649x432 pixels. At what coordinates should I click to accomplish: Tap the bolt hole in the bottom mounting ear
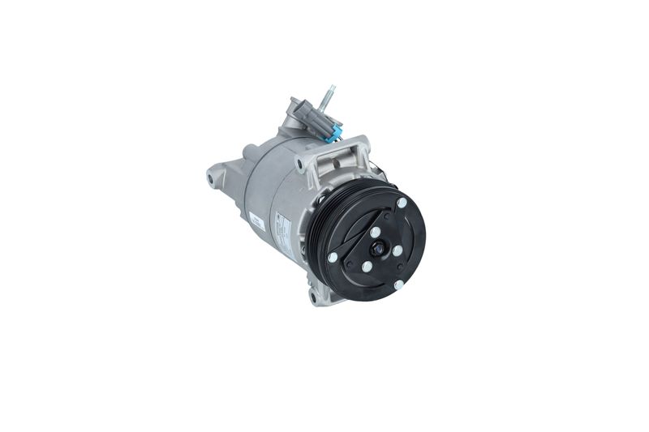pyautogui.click(x=313, y=298)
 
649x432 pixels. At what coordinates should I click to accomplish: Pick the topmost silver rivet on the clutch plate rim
pyautogui.click(x=401, y=203)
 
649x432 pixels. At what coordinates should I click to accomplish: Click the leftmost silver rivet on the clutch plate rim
pyautogui.click(x=333, y=257)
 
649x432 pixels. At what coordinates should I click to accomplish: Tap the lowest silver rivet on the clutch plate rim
pyautogui.click(x=398, y=285)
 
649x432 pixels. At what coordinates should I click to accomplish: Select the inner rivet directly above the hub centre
pyautogui.click(x=375, y=231)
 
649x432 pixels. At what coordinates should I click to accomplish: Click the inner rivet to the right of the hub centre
pyautogui.click(x=397, y=251)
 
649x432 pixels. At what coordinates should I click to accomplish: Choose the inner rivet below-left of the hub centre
pyautogui.click(x=367, y=266)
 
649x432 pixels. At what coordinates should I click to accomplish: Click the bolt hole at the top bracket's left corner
pyautogui.click(x=299, y=165)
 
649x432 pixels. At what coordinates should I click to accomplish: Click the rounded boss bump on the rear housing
pyautogui.click(x=250, y=153)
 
